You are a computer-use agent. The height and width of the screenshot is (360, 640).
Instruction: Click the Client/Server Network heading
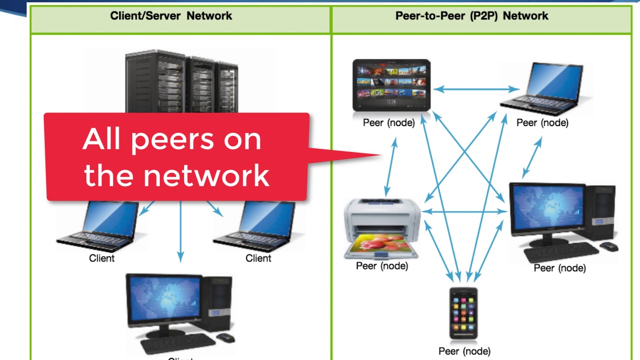pos(171,15)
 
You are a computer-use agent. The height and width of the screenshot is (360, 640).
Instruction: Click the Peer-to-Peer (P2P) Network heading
pos(471,15)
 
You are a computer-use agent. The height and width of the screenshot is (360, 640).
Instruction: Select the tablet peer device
pos(391,85)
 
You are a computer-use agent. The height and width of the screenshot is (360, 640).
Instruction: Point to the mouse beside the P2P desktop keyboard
pos(608,246)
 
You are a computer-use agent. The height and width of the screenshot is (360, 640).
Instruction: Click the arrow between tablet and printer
pos(390,167)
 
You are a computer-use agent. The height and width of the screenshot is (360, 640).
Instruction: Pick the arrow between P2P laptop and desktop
pos(531,157)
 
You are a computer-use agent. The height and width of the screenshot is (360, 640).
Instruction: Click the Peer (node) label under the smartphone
pos(464,351)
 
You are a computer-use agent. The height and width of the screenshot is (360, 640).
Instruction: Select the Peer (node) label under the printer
pos(382,266)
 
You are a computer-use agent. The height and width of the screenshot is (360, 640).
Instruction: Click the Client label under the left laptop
pos(101,258)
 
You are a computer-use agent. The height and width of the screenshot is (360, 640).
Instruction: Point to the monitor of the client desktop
pos(164,300)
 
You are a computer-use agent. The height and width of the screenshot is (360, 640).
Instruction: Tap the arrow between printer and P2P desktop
pos(465,212)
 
